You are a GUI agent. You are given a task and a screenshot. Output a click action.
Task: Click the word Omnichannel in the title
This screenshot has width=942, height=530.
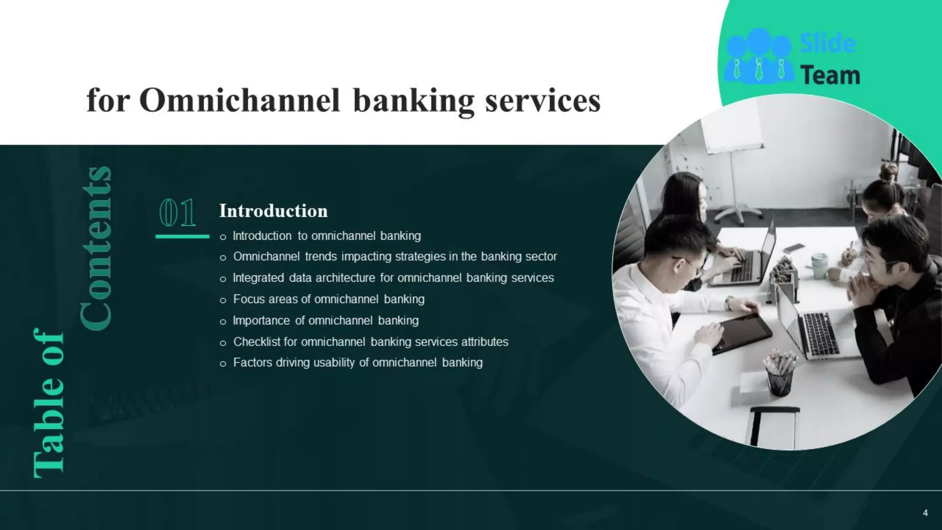(x=239, y=100)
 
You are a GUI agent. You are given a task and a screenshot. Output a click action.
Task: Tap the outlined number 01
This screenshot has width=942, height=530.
(x=178, y=213)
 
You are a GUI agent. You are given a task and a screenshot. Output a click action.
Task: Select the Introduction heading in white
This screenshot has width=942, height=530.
(x=273, y=211)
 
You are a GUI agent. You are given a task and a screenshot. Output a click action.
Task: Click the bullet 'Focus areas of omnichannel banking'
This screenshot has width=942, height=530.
(x=328, y=300)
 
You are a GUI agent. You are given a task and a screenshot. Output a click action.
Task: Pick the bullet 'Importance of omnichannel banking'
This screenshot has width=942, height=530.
(x=326, y=321)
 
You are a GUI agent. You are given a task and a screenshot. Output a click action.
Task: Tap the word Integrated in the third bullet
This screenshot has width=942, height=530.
(x=258, y=278)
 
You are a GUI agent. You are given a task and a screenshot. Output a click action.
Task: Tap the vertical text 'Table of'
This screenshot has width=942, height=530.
(x=49, y=403)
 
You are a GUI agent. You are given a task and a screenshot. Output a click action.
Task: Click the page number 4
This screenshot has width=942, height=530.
(x=925, y=513)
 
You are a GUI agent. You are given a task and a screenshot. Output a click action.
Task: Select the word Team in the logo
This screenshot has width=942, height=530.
(x=830, y=75)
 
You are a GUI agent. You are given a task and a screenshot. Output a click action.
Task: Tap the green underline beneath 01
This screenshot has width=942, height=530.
(x=182, y=236)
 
